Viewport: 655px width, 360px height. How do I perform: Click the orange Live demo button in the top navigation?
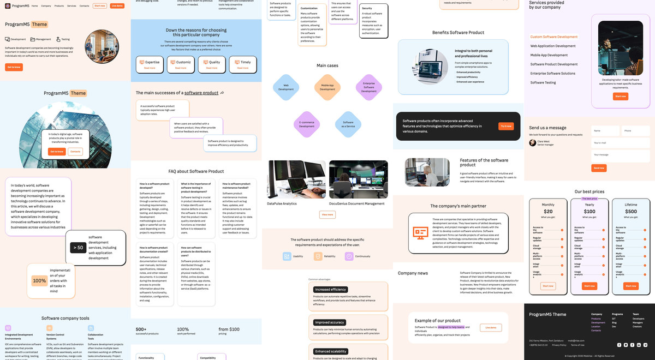(x=117, y=5)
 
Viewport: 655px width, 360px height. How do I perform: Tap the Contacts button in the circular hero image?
(x=75, y=151)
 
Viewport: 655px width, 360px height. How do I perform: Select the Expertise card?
(x=150, y=64)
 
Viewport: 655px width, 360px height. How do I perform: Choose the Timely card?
(x=243, y=64)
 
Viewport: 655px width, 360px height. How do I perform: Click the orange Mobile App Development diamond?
(x=327, y=87)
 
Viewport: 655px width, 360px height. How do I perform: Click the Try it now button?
(x=506, y=126)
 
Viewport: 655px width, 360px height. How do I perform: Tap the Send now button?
(x=599, y=168)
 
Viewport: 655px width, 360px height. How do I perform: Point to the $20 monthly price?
(x=548, y=212)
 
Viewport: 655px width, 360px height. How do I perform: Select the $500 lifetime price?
(x=631, y=212)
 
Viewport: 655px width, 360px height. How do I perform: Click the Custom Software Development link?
(x=553, y=37)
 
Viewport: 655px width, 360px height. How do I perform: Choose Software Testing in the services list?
(x=543, y=82)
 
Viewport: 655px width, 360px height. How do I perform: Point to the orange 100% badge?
(x=39, y=281)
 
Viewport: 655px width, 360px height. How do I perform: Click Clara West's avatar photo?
(x=533, y=143)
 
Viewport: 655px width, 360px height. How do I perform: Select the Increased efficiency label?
(x=331, y=290)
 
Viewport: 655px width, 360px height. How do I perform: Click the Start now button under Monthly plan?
(x=548, y=286)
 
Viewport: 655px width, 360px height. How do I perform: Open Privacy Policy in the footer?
(x=559, y=345)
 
